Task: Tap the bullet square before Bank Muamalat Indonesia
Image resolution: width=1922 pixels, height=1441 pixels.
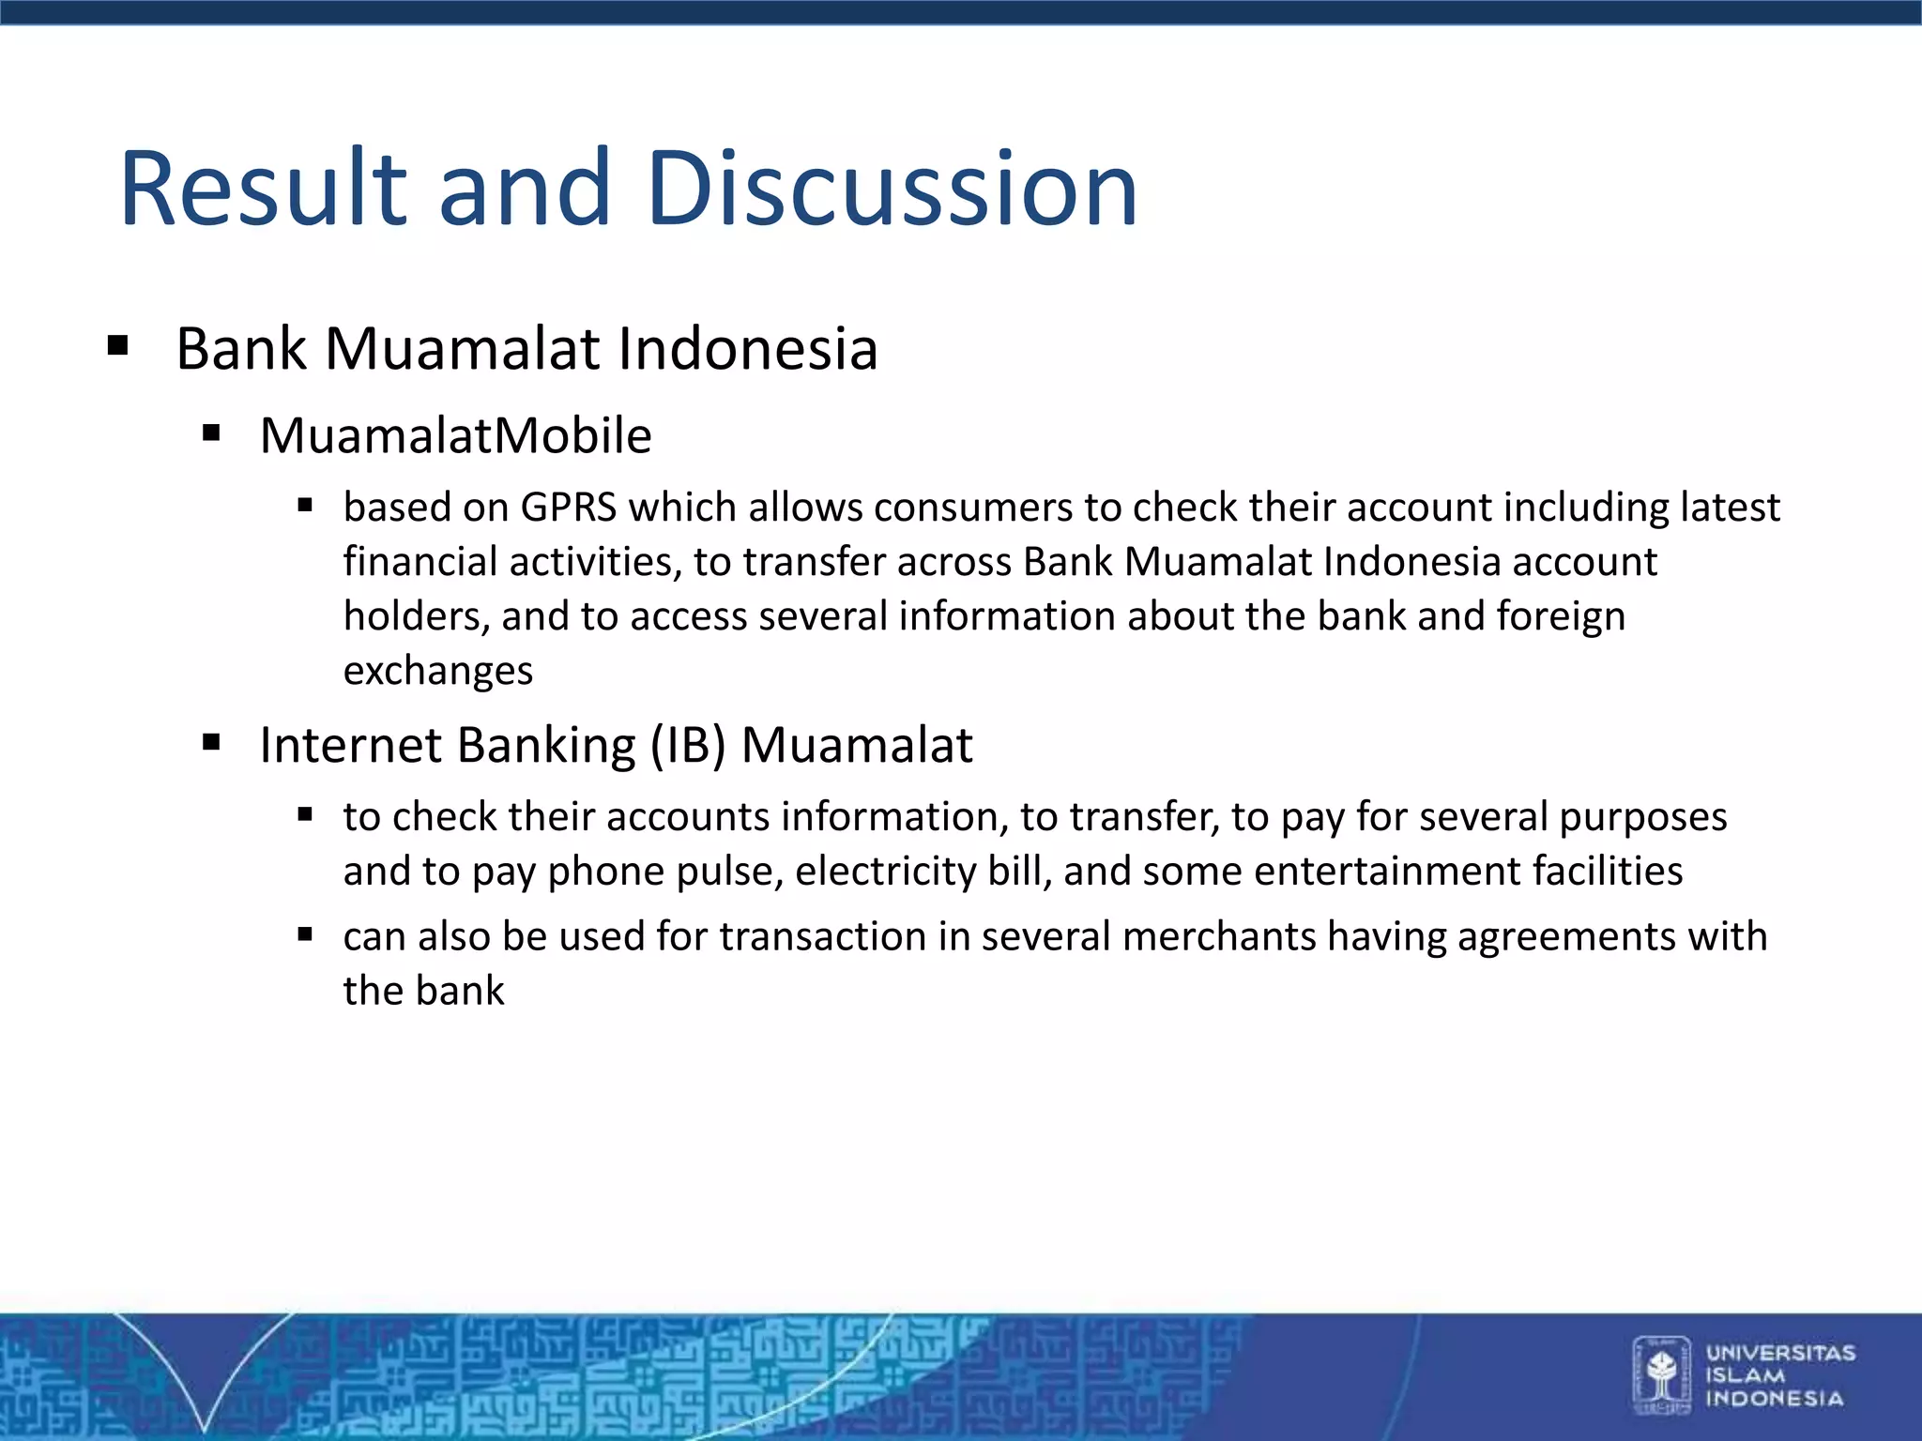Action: click(x=117, y=347)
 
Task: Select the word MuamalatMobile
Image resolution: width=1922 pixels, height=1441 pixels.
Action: click(x=455, y=436)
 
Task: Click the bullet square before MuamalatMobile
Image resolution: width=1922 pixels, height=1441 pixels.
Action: click(x=211, y=433)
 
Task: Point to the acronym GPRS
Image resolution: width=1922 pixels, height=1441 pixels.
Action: click(x=569, y=508)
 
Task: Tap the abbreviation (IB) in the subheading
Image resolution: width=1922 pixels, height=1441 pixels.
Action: click(x=688, y=746)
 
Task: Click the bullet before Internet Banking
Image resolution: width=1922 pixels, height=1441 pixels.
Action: click(x=211, y=744)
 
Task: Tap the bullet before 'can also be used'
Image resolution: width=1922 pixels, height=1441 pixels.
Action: click(x=305, y=934)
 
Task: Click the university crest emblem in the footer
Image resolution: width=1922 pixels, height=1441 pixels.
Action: click(x=1662, y=1374)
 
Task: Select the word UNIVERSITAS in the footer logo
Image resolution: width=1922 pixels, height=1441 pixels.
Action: click(x=1780, y=1353)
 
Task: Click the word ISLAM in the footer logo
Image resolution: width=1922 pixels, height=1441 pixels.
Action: click(x=1745, y=1375)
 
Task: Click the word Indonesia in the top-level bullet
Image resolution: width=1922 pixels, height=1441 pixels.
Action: click(x=747, y=349)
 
